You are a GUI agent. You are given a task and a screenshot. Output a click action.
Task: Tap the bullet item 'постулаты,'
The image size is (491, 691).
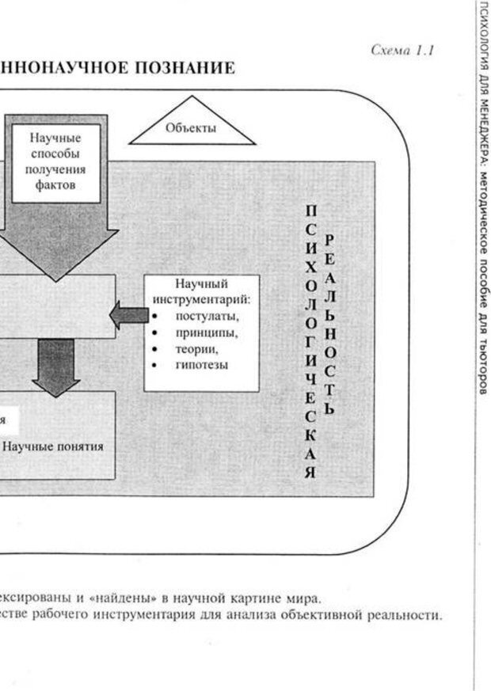click(x=207, y=317)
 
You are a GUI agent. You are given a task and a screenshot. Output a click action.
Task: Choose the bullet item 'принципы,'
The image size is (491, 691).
click(x=207, y=333)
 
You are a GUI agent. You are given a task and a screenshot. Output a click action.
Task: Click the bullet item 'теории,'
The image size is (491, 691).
click(x=197, y=349)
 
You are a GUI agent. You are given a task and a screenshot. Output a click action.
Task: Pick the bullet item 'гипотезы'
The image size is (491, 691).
click(x=202, y=365)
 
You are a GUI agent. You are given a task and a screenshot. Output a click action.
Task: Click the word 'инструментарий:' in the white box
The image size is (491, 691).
click(x=202, y=299)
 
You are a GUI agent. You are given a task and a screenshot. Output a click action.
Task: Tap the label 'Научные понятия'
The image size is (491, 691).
click(x=53, y=446)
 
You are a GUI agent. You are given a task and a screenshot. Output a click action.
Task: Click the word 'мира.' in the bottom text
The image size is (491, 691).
click(x=305, y=597)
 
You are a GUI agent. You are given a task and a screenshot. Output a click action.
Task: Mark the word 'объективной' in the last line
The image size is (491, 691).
click(x=308, y=614)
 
